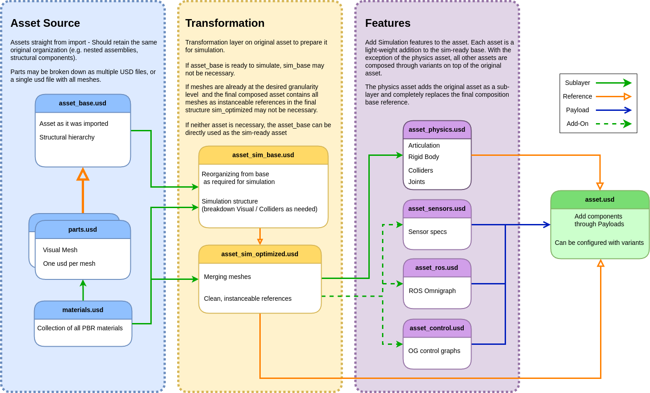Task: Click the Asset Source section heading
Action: click(45, 23)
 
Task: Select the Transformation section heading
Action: click(225, 23)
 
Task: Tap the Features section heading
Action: click(387, 23)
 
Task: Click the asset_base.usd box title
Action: click(83, 103)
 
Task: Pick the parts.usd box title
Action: click(83, 229)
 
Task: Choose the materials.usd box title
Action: click(83, 310)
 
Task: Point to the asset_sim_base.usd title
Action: click(263, 155)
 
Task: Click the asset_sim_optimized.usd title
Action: click(260, 254)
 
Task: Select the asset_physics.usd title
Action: click(437, 129)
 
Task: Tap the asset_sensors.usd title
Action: click(437, 209)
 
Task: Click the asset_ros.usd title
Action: click(437, 268)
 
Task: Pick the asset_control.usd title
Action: click(437, 328)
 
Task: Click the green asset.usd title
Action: click(600, 199)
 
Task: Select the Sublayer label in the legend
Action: click(577, 83)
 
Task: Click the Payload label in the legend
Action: click(577, 110)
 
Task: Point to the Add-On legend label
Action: click(577, 124)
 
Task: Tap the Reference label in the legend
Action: click(577, 96)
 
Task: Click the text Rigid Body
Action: click(423, 157)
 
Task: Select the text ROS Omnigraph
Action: click(432, 291)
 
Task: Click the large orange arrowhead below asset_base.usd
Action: click(83, 174)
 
